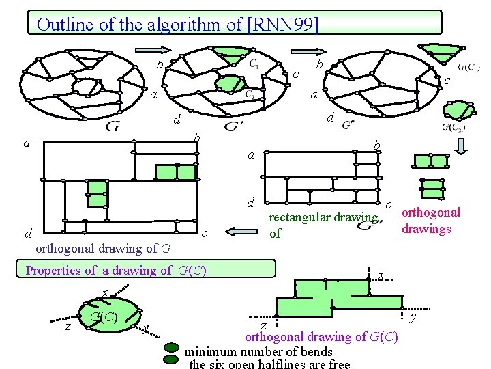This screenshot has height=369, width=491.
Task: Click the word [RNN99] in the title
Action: click(282, 25)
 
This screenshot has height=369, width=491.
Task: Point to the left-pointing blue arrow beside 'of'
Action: click(239, 232)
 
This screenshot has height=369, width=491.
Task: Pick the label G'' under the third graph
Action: click(348, 125)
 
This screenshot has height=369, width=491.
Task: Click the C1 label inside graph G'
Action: click(253, 64)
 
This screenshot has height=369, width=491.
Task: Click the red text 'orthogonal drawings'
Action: click(431, 220)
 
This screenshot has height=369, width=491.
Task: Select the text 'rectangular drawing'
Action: click(324, 218)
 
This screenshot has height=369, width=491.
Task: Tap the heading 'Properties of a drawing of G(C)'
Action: click(116, 270)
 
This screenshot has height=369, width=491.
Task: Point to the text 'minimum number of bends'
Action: click(258, 352)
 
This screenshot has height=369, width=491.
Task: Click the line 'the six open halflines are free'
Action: click(269, 364)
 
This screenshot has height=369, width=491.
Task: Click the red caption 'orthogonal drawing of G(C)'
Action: click(321, 337)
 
